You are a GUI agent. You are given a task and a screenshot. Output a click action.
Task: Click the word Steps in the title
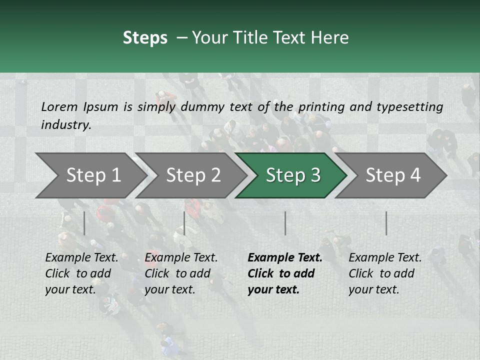145,38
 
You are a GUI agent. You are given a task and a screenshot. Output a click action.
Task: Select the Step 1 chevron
92,175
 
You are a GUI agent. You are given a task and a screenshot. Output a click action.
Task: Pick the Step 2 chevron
192,175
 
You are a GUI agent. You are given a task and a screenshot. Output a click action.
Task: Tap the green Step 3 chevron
292,175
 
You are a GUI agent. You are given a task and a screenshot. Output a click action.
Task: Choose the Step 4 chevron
392,175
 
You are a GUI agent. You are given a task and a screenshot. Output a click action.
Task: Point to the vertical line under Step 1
84,223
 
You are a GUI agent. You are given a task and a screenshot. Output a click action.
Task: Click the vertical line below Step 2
184,223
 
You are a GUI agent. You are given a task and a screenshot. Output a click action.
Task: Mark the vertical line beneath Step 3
285,223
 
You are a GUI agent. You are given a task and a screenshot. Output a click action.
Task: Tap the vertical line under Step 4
386,223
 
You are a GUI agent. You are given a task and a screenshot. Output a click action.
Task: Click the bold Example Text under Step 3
285,258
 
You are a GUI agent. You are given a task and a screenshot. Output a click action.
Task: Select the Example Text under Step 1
81,258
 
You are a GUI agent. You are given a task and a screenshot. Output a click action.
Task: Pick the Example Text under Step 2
181,258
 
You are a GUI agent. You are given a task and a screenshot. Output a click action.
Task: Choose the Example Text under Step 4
385,258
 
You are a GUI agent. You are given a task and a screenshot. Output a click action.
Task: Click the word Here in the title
332,38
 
